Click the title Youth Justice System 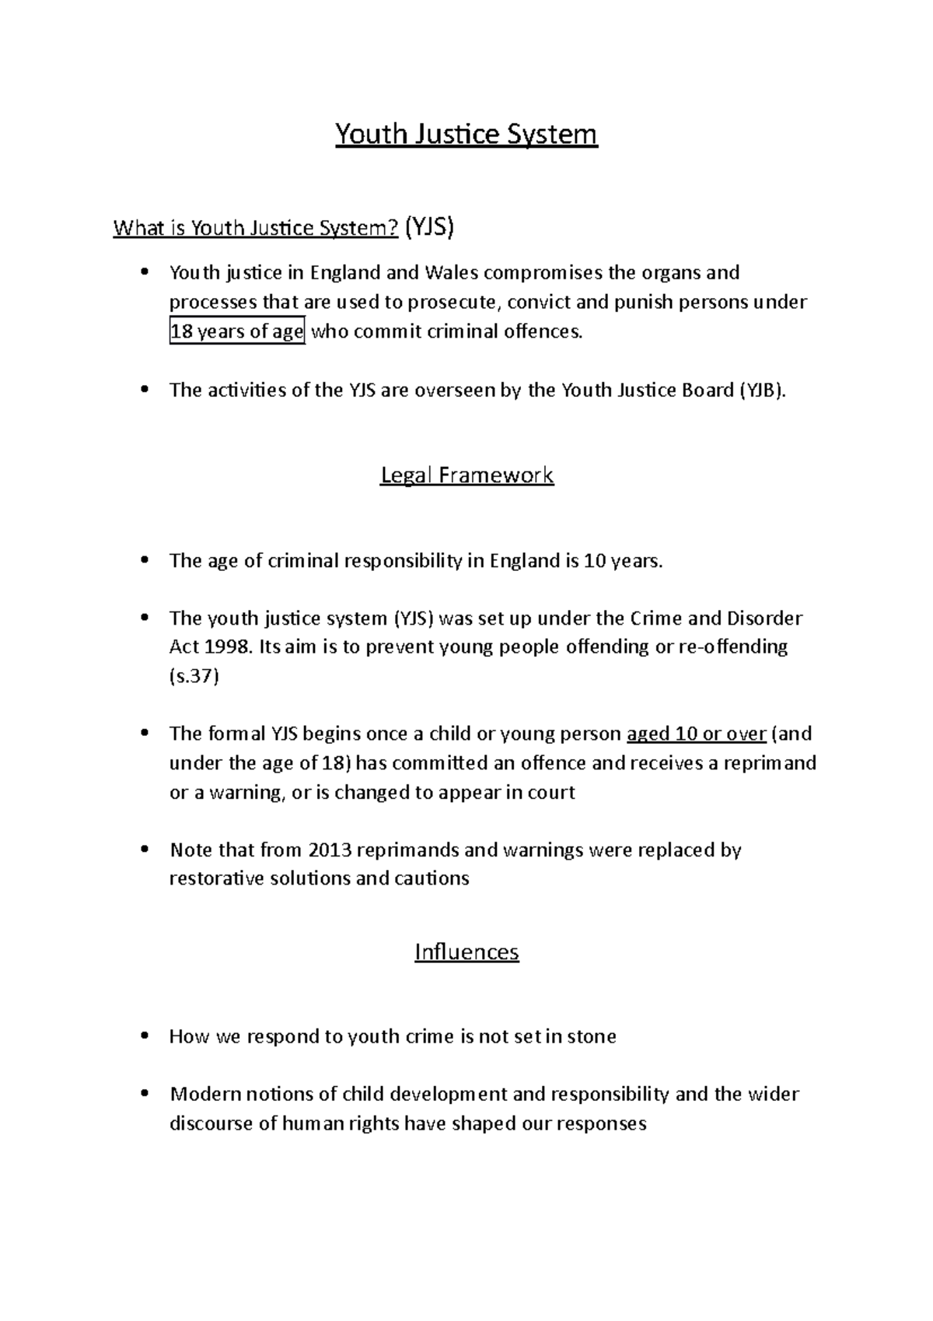(x=466, y=135)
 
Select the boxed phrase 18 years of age (x=237, y=332)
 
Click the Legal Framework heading (x=466, y=475)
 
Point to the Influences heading (x=466, y=951)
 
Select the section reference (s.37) (x=194, y=676)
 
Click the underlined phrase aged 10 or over (x=697, y=734)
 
